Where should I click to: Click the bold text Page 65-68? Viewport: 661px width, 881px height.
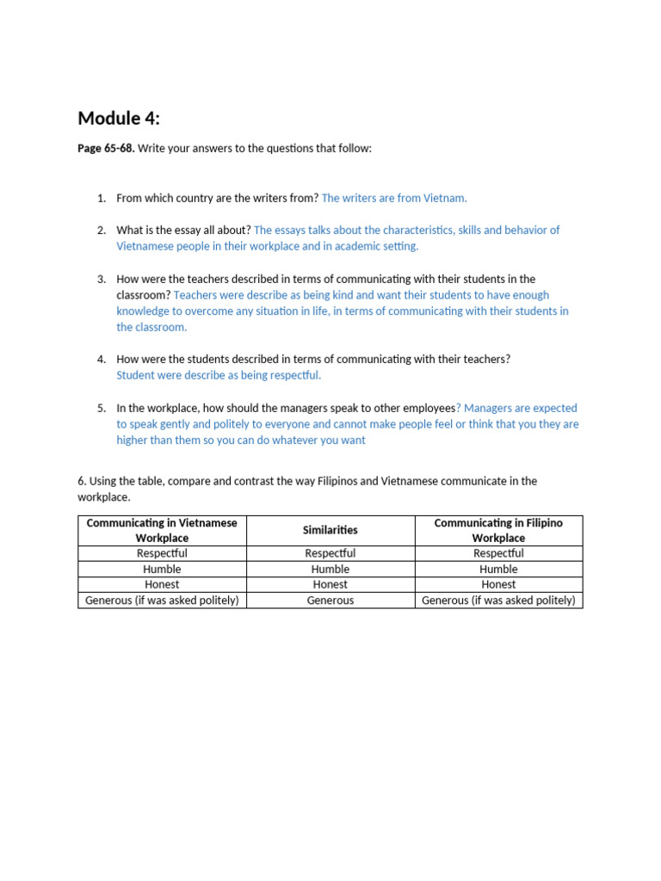click(106, 149)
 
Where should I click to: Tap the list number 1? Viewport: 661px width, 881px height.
click(101, 198)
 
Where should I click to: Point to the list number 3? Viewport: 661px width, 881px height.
click(101, 279)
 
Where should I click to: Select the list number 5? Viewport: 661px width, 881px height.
click(101, 408)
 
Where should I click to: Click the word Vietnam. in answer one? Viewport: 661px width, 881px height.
click(445, 198)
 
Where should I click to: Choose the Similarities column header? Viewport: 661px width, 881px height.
click(330, 530)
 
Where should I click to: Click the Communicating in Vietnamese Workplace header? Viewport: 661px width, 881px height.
click(162, 530)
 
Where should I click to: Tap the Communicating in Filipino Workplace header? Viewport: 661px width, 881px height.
click(498, 530)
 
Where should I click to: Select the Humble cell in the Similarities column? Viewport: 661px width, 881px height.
click(330, 569)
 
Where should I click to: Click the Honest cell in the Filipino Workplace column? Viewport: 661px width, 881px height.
click(498, 584)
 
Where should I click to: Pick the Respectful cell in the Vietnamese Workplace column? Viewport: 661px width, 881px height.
click(162, 553)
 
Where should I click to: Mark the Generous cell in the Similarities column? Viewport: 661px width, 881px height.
click(330, 601)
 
